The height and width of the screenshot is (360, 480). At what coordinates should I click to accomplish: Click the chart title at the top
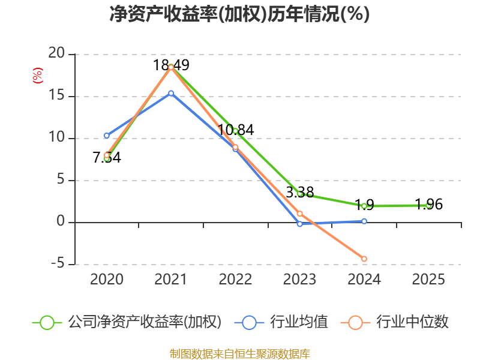(x=239, y=14)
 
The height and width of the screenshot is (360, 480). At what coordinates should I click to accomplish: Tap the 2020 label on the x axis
(x=107, y=279)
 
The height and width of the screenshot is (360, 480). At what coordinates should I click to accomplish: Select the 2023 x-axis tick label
(x=299, y=279)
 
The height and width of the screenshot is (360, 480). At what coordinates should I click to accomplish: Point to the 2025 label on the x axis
(x=428, y=279)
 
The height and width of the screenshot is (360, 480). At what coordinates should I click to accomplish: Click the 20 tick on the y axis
(x=56, y=53)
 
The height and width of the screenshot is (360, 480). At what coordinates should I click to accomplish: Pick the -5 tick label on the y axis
(x=58, y=263)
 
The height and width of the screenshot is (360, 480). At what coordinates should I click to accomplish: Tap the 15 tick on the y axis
(x=56, y=95)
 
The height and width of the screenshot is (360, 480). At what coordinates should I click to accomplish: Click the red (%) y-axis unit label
(x=38, y=76)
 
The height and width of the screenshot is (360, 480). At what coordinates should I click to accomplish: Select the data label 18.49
(x=171, y=65)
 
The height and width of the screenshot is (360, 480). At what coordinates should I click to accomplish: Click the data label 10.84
(x=236, y=130)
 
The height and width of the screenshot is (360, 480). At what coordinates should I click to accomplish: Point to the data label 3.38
(x=300, y=192)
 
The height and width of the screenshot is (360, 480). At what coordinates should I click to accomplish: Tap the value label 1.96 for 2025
(x=429, y=205)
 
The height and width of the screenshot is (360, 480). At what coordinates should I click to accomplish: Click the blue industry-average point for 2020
(x=107, y=136)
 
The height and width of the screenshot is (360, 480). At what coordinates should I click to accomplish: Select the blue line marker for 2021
(x=171, y=94)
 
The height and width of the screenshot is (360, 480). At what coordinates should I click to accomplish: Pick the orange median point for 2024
(x=364, y=259)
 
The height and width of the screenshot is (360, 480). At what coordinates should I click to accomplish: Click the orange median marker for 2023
(x=299, y=214)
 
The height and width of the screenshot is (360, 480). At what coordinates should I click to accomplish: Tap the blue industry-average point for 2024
(x=364, y=221)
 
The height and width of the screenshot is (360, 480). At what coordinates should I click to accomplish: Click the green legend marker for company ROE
(x=47, y=323)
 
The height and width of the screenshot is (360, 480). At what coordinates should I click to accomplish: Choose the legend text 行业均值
(x=299, y=322)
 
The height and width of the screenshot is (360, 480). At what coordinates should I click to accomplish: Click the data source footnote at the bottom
(x=239, y=354)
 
